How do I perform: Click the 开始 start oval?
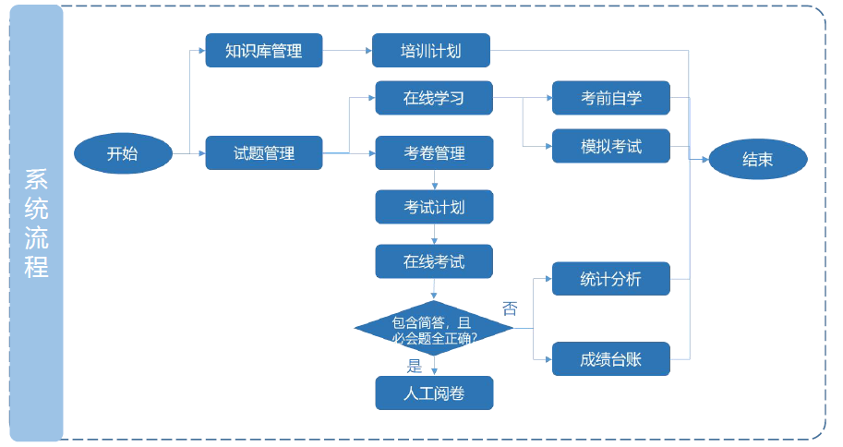(122, 153)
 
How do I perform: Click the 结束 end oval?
(757, 159)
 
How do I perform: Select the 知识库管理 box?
(263, 51)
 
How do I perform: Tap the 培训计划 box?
(430, 51)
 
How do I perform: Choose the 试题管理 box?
(263, 153)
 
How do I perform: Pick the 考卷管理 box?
(434, 153)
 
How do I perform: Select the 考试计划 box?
(434, 207)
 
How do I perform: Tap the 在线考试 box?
(434, 261)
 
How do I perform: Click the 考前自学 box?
(610, 98)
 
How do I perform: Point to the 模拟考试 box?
(610, 146)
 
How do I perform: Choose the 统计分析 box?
(610, 279)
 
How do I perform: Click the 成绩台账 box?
(610, 359)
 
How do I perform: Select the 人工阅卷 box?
(434, 393)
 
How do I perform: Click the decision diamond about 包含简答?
(434, 329)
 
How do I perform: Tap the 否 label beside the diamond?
(509, 308)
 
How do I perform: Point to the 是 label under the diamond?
(415, 365)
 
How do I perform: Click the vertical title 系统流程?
(37, 223)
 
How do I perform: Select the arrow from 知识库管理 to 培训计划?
(347, 51)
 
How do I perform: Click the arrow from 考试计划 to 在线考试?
(434, 235)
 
